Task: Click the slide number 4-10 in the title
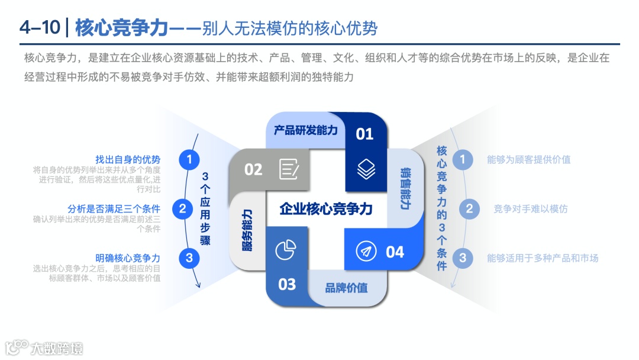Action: [38, 28]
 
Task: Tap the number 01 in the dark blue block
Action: [364, 134]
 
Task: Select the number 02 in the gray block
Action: [253, 169]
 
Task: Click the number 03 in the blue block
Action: [287, 284]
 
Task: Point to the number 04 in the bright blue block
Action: [395, 252]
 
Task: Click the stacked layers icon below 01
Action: [366, 170]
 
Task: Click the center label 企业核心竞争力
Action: [326, 209]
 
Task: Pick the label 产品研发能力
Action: [306, 130]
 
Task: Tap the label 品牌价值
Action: [346, 288]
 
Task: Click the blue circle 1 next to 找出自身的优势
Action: [189, 159]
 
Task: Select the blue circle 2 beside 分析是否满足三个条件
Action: [182, 208]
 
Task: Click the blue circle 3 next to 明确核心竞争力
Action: [189, 258]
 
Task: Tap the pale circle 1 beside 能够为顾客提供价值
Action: [463, 159]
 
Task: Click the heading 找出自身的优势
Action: [128, 159]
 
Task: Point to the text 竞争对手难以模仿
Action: [530, 208]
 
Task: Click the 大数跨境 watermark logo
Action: [44, 346]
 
